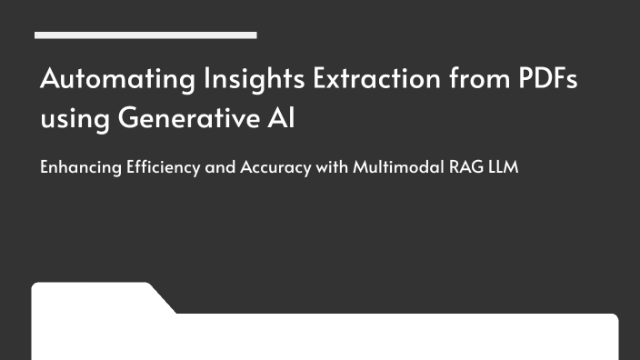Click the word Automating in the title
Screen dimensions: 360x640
[97, 79]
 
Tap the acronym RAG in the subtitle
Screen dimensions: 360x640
[463, 168]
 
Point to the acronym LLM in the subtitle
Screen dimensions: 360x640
[501, 168]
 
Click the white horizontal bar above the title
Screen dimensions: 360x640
[145, 35]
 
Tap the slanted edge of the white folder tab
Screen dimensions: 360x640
[162, 299]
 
